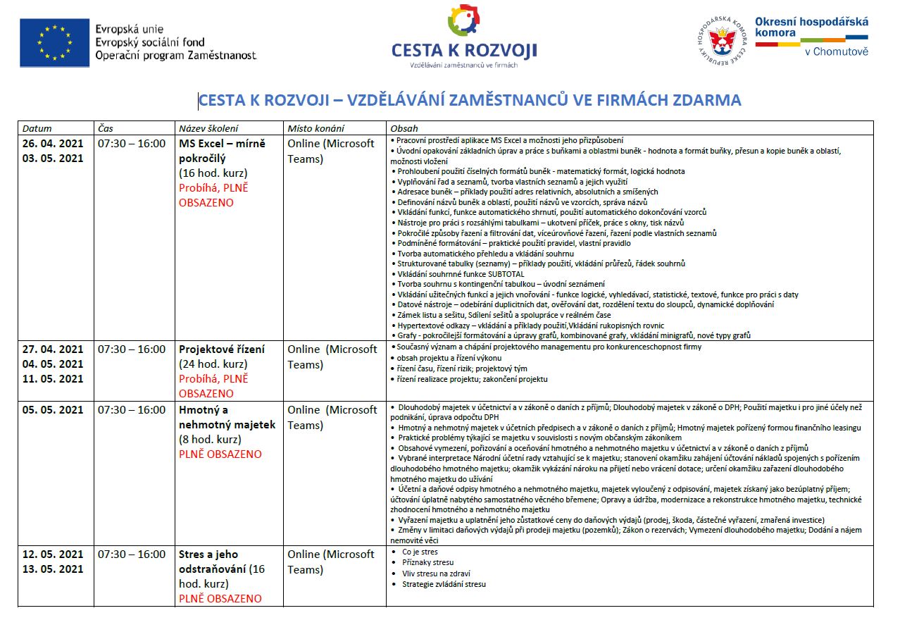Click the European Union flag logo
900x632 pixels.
tap(54, 42)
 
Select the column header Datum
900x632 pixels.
tap(37, 128)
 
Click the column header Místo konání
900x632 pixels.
tap(315, 128)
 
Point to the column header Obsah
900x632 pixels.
tap(404, 128)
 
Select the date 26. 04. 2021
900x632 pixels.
tap(53, 143)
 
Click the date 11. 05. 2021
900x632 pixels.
tap(53, 378)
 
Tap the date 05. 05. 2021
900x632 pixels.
tap(53, 409)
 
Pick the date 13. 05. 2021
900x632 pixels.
tap(53, 569)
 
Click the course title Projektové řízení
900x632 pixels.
tap(222, 349)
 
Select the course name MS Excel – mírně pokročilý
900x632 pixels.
tap(222, 151)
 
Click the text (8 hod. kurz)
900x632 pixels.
tap(210, 440)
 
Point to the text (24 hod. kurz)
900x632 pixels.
tap(213, 364)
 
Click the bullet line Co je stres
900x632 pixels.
tap(420, 552)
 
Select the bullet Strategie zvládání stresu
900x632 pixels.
tap(444, 583)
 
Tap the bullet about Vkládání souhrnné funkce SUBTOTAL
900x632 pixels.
tap(461, 274)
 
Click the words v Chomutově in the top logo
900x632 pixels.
tap(836, 51)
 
